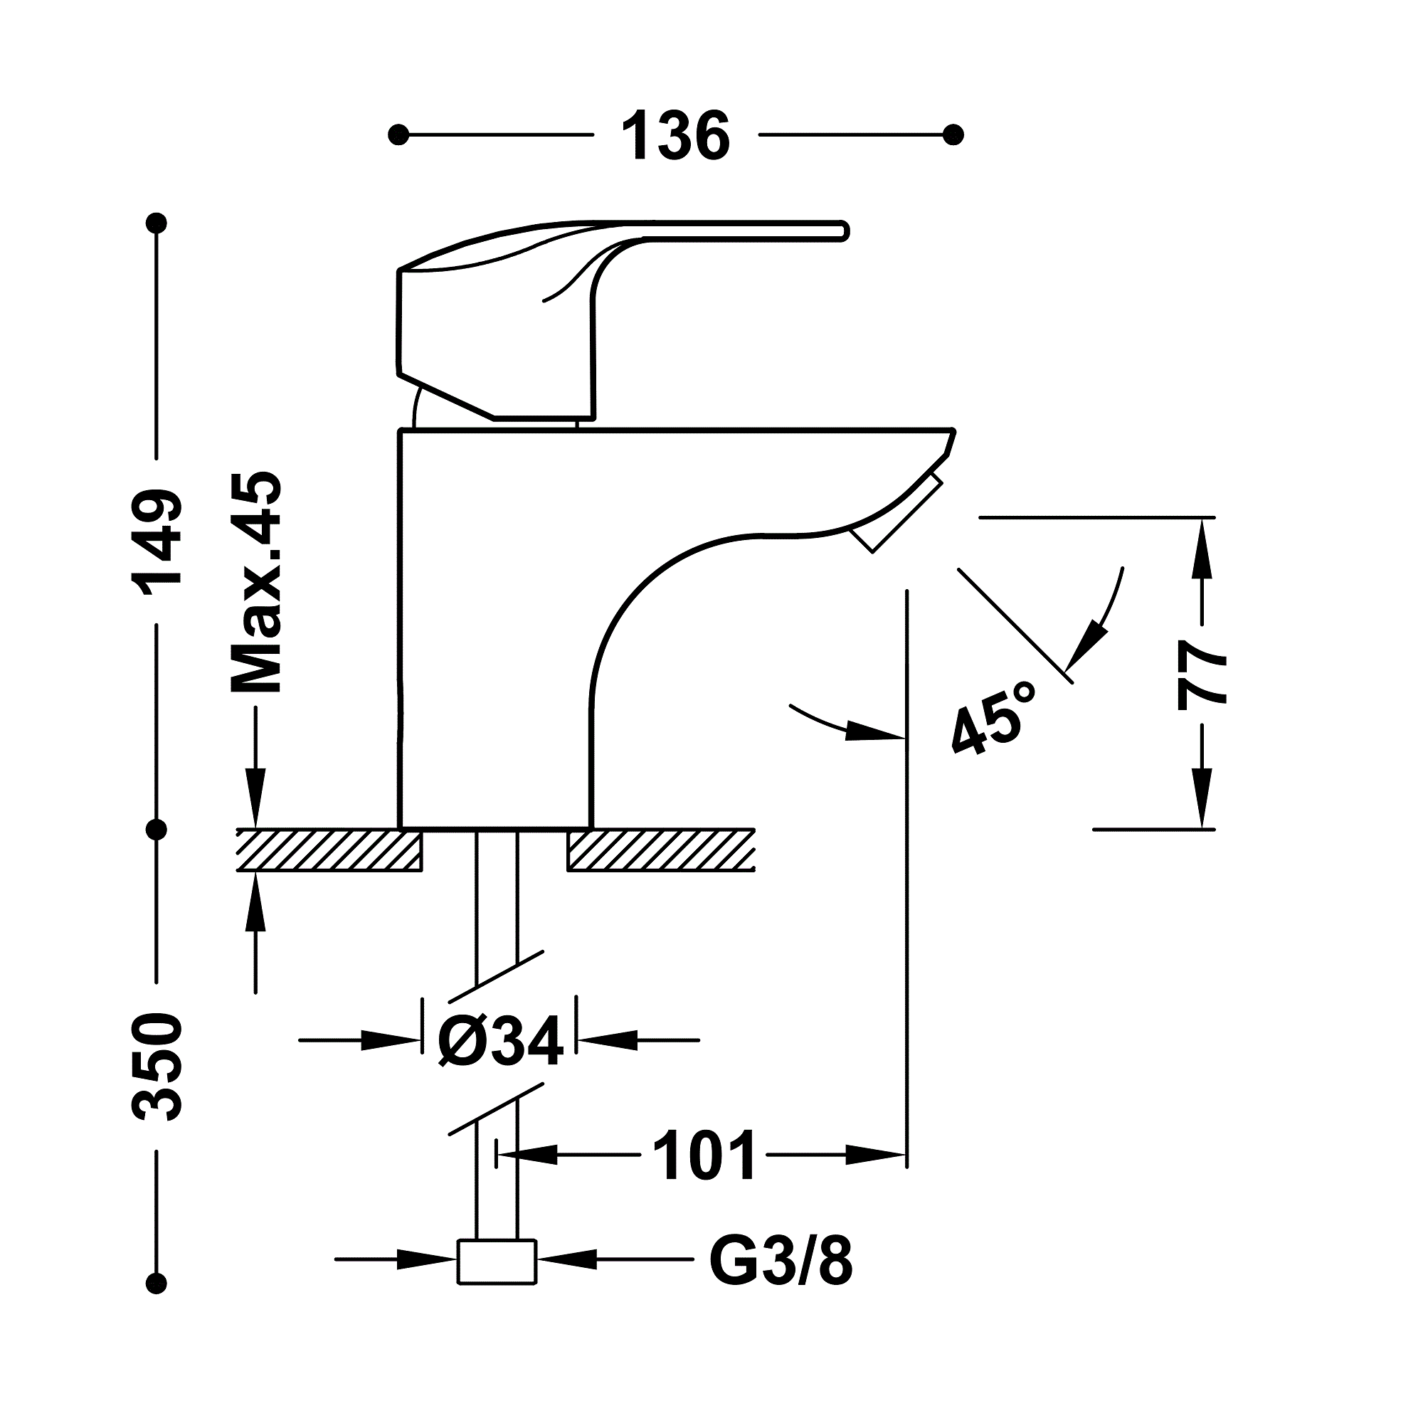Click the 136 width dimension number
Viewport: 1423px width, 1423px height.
(675, 137)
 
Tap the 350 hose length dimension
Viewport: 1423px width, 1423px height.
(157, 1067)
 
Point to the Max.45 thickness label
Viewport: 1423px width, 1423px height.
(255, 583)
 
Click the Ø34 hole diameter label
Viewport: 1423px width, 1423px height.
(500, 1041)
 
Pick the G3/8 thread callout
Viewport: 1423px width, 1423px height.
(781, 1259)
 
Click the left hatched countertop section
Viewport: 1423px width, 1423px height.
(329, 851)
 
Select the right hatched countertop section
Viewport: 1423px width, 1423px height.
(661, 851)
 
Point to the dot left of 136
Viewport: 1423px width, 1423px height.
(398, 135)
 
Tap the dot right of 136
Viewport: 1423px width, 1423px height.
(953, 135)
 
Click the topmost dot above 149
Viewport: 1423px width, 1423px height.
(157, 223)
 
